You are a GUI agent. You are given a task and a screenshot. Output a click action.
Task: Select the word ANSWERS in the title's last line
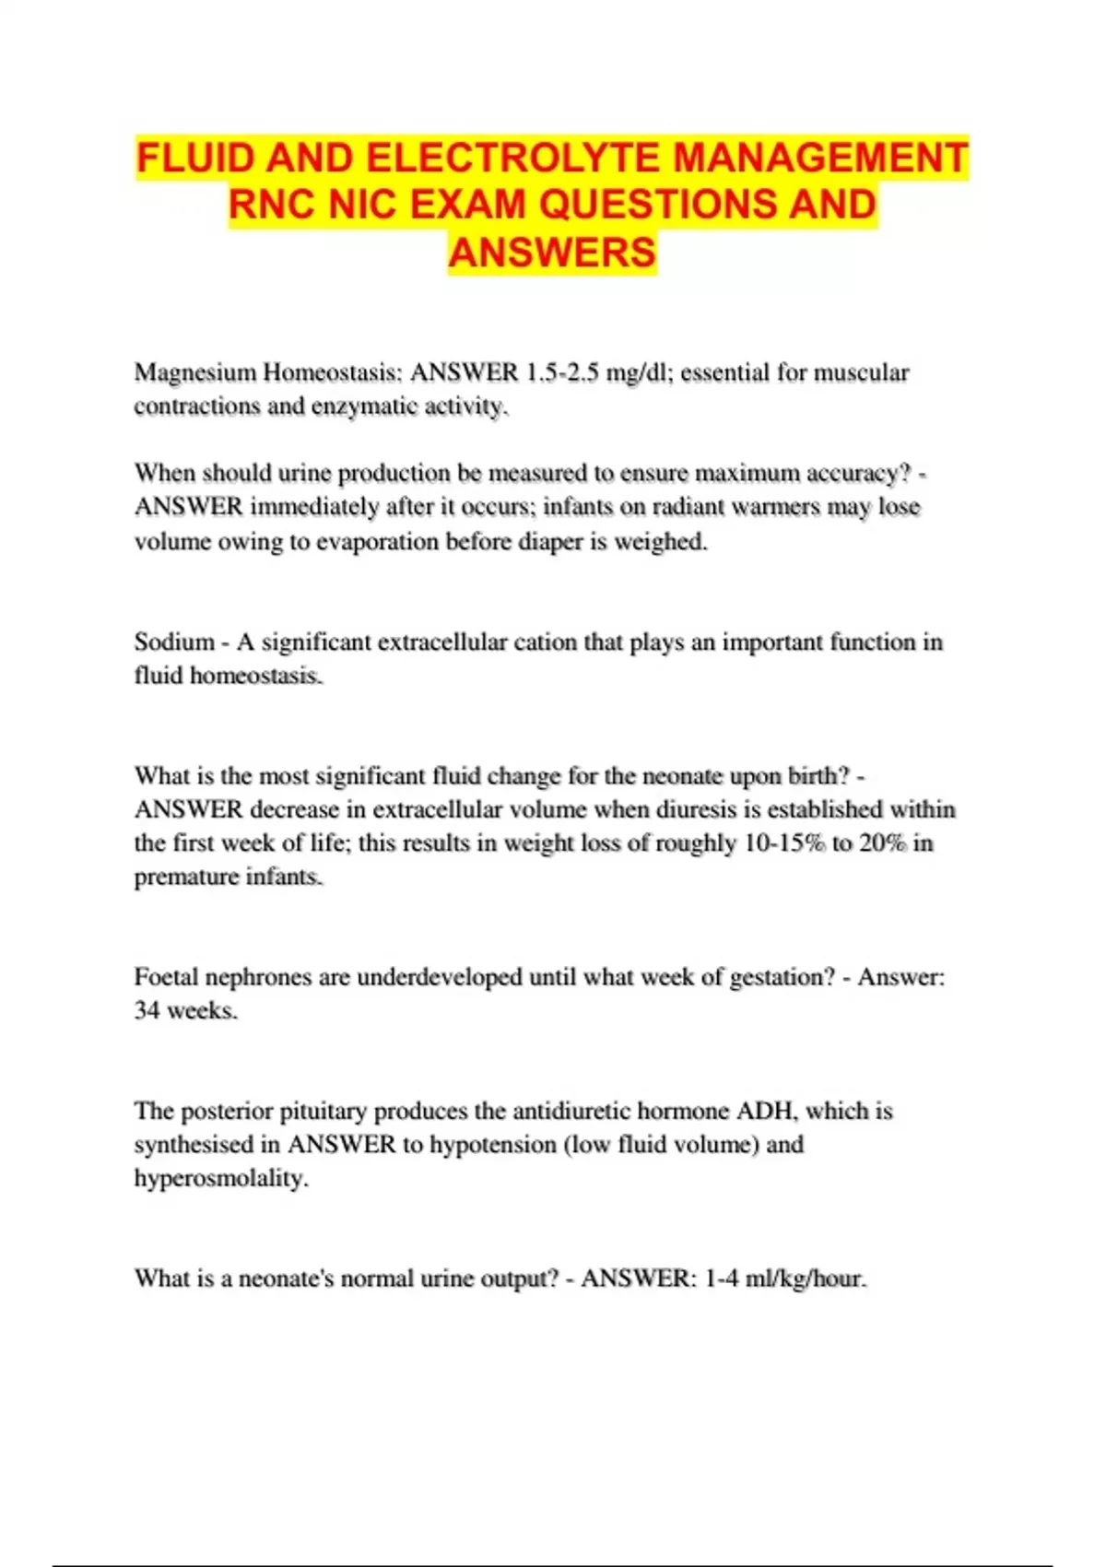pyautogui.click(x=552, y=252)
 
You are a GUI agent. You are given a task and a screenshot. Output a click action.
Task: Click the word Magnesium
pyautogui.click(x=194, y=372)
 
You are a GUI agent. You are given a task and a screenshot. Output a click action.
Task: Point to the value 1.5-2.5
pyautogui.click(x=561, y=372)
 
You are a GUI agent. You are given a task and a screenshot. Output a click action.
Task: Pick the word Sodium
pyautogui.click(x=174, y=642)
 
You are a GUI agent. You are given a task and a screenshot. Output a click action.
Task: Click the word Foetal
pyautogui.click(x=167, y=977)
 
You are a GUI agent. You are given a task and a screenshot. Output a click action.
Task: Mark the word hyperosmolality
pyautogui.click(x=221, y=1178)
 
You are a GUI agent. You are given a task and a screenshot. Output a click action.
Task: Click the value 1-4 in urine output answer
pyautogui.click(x=722, y=1278)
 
